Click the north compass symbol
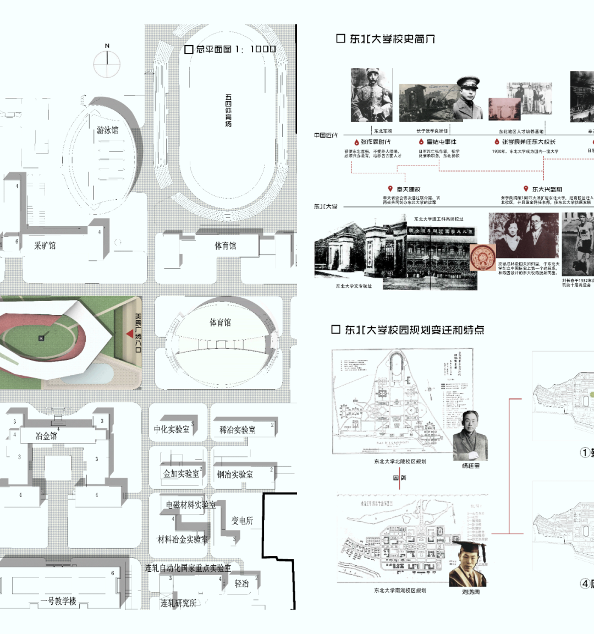pyautogui.click(x=107, y=64)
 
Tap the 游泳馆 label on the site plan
pyautogui.click(x=107, y=130)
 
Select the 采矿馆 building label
pyautogui.click(x=45, y=245)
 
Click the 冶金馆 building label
pyautogui.click(x=46, y=436)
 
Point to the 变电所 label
pyautogui.click(x=242, y=521)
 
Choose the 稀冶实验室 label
pyautogui.click(x=238, y=430)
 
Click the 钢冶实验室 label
pyautogui.click(x=235, y=474)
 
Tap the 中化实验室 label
pyautogui.click(x=172, y=429)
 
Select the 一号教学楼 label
pyautogui.click(x=58, y=601)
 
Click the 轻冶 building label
pyautogui.click(x=241, y=583)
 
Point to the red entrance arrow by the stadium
pyautogui.click(x=130, y=334)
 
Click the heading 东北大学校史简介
pyautogui.click(x=386, y=39)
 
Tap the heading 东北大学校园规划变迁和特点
pyautogui.click(x=408, y=330)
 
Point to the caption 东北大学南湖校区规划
pyautogui.click(x=400, y=591)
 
